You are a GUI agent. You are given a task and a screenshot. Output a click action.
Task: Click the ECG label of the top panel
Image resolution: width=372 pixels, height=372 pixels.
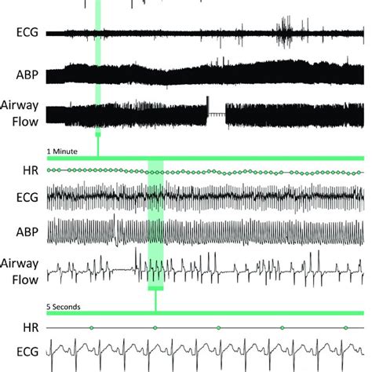(x=27, y=32)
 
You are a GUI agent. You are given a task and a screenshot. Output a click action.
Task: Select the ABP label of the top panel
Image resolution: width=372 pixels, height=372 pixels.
(x=27, y=75)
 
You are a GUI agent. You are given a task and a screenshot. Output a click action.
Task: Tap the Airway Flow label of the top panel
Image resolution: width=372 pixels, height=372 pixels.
(x=20, y=113)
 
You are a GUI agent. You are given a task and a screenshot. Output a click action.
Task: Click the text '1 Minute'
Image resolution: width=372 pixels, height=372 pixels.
(x=62, y=151)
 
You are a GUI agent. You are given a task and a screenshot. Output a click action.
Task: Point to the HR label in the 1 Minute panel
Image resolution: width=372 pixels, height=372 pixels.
(x=31, y=170)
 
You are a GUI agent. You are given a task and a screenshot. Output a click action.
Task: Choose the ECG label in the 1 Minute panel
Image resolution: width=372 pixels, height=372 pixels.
(x=27, y=198)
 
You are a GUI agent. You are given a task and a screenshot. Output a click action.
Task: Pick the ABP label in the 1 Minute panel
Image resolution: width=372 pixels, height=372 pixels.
(x=27, y=232)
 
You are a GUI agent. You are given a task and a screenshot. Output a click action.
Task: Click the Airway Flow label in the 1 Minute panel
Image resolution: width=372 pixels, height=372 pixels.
(x=20, y=272)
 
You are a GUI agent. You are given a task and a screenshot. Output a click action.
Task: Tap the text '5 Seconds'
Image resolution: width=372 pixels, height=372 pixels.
(x=64, y=307)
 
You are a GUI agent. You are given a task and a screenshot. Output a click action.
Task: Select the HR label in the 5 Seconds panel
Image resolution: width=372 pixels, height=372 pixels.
(x=31, y=328)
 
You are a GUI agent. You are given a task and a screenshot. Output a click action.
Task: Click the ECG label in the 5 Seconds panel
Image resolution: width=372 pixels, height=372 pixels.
(x=27, y=352)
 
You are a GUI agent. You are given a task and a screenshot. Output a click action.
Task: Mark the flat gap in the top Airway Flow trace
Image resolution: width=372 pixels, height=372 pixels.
(x=217, y=114)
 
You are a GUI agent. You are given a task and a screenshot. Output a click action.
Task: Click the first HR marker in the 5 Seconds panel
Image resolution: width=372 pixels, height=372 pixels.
(x=91, y=328)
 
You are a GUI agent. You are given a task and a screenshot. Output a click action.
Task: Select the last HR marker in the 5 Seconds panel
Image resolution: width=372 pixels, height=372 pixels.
(x=345, y=328)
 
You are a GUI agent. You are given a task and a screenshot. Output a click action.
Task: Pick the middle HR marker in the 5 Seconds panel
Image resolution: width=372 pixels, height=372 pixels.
(x=218, y=328)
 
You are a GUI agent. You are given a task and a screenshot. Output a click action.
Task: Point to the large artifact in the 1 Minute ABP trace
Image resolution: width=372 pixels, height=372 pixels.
(x=115, y=230)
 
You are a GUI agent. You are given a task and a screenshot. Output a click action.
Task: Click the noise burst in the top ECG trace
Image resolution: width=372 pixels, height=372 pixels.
(x=284, y=32)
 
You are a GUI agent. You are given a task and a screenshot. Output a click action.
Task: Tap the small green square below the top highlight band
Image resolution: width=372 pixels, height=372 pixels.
(x=98, y=134)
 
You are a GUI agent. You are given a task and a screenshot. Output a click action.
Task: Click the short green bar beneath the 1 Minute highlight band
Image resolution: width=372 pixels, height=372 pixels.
(x=155, y=288)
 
